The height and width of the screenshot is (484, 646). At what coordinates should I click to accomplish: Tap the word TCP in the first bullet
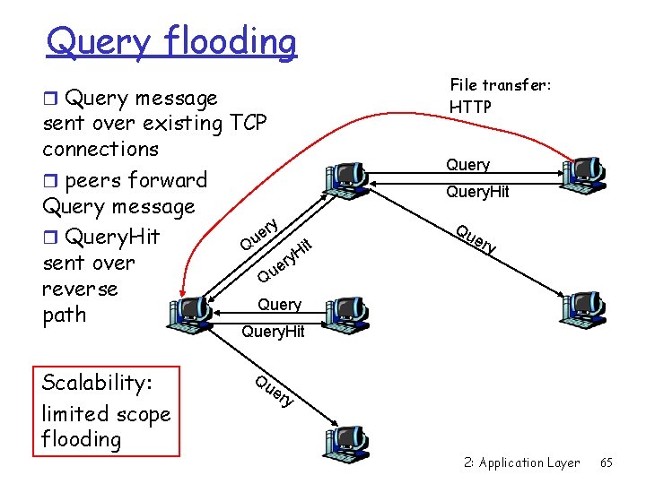249,123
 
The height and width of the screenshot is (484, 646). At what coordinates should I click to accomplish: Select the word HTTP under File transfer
470,107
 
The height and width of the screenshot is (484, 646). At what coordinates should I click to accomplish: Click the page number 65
607,462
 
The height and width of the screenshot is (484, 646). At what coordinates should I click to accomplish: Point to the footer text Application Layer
529,462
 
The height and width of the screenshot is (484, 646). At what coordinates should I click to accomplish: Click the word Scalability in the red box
98,383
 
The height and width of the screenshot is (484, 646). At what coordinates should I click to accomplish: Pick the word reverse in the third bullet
80,289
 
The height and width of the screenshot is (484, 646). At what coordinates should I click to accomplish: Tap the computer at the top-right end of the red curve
582,172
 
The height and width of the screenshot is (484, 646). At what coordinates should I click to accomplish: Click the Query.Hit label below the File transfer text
477,191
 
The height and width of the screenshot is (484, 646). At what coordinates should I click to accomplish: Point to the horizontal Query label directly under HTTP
468,165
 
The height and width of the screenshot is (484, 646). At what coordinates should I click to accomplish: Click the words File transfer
488,85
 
